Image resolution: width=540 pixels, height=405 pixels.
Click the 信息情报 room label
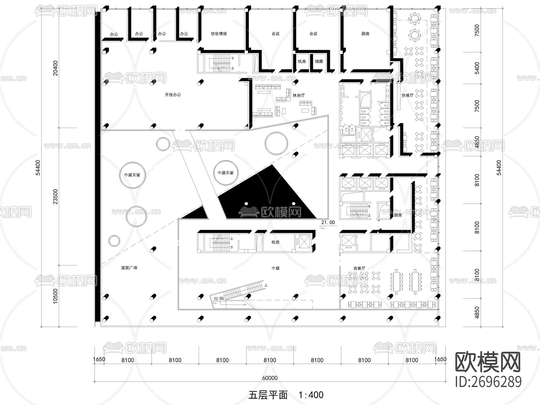219,34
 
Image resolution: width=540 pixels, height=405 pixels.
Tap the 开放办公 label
173,95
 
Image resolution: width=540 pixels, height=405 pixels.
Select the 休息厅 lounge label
298,95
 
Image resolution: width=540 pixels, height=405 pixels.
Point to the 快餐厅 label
407,95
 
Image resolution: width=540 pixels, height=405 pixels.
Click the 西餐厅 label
359,268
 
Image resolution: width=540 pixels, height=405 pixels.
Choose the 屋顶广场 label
129,268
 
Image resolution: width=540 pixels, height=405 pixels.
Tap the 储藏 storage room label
319,61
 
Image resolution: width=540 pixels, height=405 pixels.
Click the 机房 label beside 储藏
302,61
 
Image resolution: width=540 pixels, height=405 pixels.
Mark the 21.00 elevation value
328,223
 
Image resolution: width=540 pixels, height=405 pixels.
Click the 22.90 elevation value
219,299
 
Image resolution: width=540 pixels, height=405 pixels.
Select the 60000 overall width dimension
270,378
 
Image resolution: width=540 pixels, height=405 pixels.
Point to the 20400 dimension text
55,68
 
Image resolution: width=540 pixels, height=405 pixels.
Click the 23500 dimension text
55,196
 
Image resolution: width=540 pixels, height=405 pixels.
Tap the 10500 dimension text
55,296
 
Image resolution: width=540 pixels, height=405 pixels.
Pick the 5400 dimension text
477,68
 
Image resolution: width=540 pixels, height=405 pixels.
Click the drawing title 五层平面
268,395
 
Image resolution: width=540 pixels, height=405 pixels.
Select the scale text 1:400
311,395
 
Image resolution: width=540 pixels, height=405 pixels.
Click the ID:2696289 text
488,382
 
